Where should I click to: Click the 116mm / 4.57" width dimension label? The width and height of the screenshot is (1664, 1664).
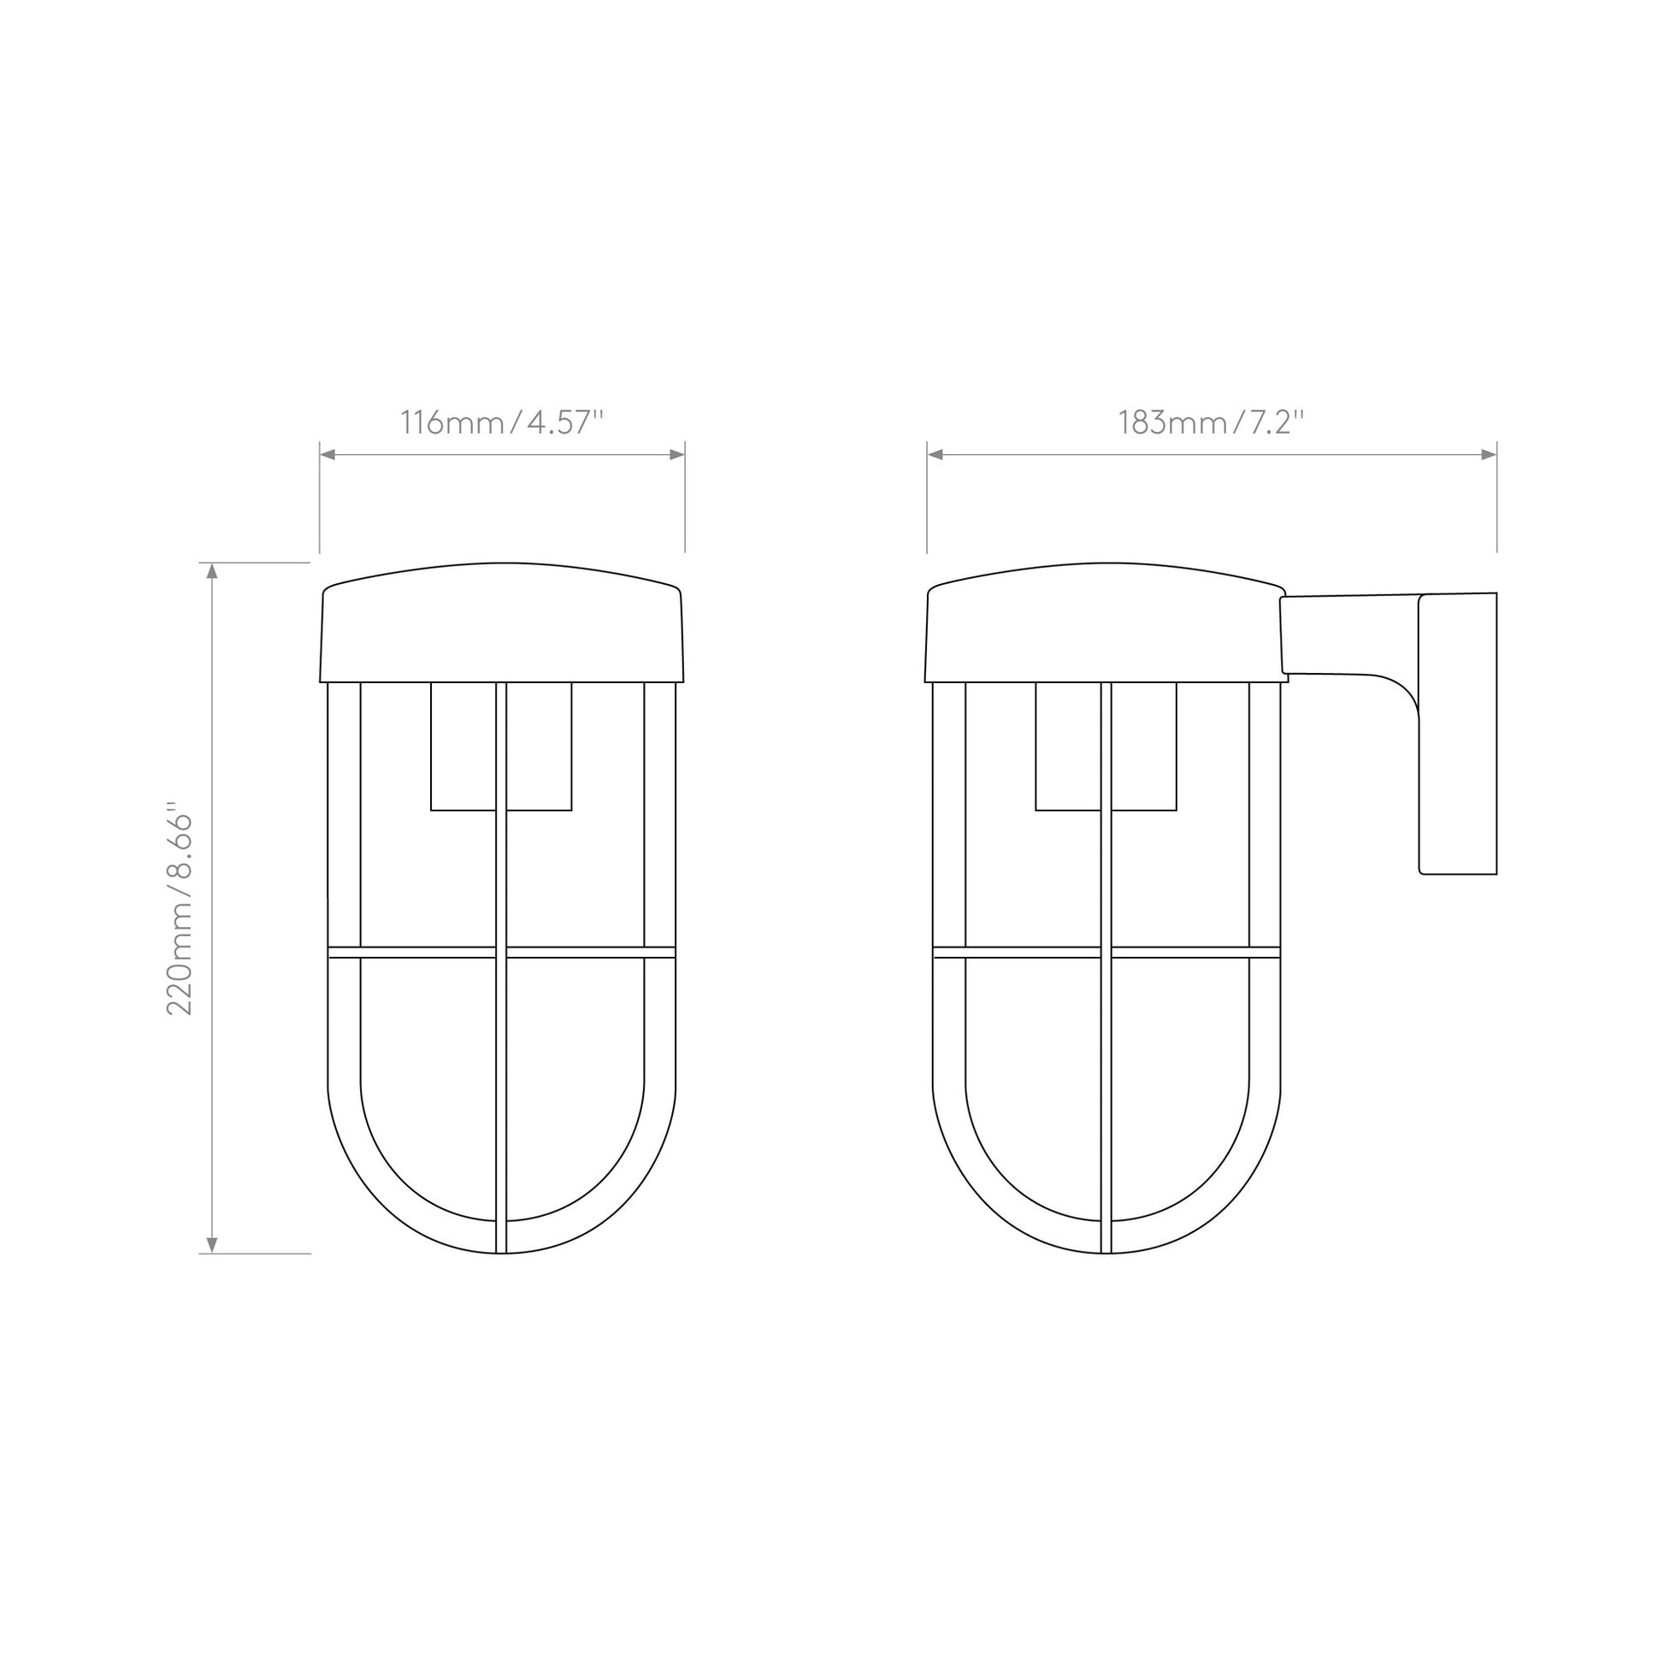[x=501, y=423]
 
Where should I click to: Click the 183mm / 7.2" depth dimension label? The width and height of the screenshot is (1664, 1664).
[x=1211, y=423]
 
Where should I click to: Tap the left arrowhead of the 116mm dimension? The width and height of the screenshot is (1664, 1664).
[x=327, y=455]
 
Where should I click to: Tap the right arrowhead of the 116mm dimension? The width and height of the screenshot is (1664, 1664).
[x=677, y=455]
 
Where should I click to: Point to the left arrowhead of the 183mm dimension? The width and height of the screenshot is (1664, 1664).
[x=935, y=455]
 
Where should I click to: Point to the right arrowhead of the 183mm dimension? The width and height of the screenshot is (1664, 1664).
[x=1490, y=455]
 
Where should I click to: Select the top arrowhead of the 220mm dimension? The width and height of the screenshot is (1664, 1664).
[x=212, y=570]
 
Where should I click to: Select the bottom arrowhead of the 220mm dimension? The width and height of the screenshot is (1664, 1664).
[x=212, y=1245]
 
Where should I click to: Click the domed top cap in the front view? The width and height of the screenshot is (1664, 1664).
[x=501, y=623]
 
